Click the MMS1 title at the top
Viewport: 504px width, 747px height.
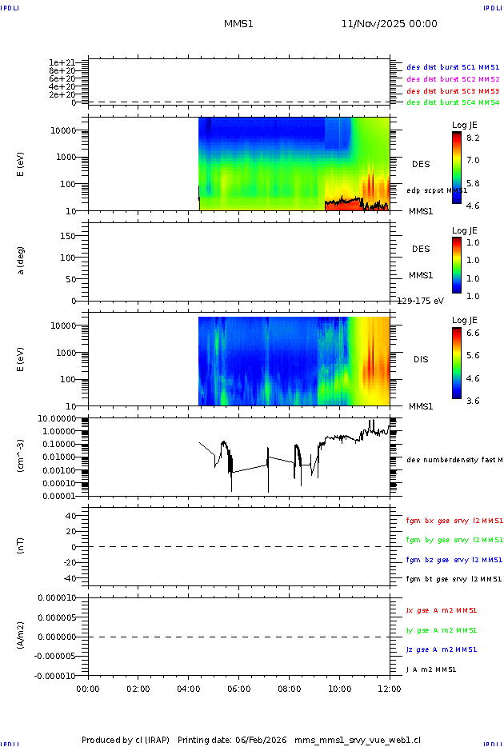coord(238,24)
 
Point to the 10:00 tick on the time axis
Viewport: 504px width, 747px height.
coord(339,688)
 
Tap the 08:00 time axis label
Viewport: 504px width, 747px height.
coord(289,688)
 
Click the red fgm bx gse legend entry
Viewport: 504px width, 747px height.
coord(454,521)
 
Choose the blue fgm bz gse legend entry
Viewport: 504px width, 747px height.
coord(454,560)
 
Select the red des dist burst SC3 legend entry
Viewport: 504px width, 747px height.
coord(453,91)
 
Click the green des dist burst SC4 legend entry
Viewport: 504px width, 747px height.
coord(453,102)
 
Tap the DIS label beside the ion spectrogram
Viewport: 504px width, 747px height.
coord(421,360)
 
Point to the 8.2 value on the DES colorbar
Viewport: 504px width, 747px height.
coord(474,138)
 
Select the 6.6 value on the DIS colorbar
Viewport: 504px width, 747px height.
coord(474,331)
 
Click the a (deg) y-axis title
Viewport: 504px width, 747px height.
coord(22,260)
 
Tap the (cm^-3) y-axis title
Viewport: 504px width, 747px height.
coord(22,457)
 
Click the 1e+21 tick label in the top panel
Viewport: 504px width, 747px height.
coord(62,62)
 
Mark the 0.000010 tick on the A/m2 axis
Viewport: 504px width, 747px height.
coord(56,597)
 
